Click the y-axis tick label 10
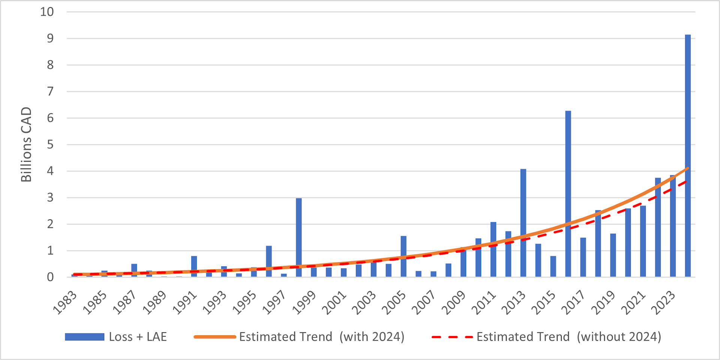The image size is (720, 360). pos(47,12)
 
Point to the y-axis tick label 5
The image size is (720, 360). pos(50,145)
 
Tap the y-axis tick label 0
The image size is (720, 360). pos(50,277)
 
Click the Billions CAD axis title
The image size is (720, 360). pos(26,144)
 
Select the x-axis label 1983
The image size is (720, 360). pos(65,303)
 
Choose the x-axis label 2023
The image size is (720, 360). pos(664,303)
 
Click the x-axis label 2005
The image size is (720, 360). pos(394,303)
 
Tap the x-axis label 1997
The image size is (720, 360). pos(274,303)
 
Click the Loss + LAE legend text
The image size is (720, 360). pos(138,337)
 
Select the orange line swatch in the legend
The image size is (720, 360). pos(214,337)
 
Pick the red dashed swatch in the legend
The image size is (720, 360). pos(452,337)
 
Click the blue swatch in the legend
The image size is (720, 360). pos(84,337)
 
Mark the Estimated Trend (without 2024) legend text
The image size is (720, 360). pos(568,337)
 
